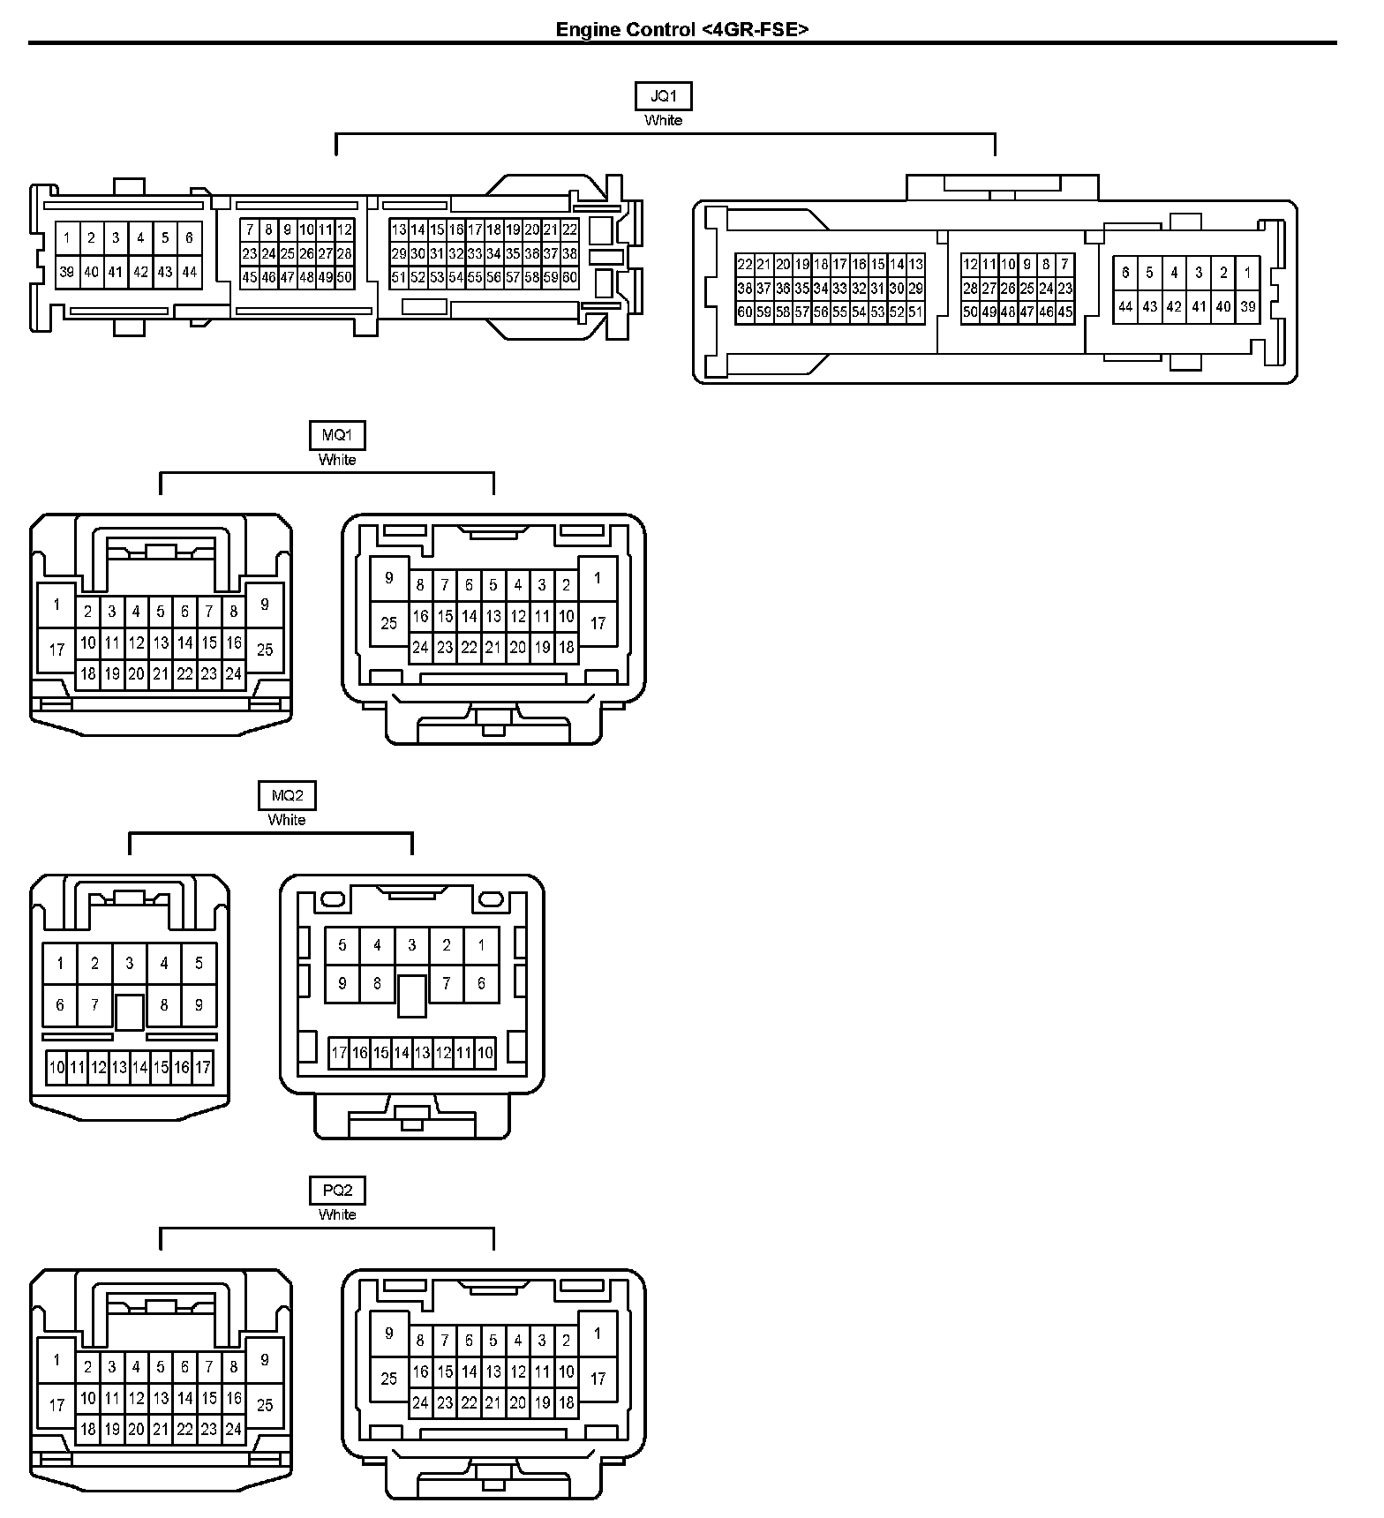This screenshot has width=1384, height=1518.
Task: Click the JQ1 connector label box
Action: click(663, 96)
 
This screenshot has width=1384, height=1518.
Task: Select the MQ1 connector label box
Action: click(336, 435)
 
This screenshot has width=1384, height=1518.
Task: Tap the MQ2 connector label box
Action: click(287, 795)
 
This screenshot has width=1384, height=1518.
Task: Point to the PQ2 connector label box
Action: click(336, 1191)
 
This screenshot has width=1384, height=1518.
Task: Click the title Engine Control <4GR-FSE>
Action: click(682, 29)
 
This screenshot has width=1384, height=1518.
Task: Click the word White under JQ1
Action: click(663, 120)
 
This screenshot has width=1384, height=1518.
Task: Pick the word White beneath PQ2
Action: click(336, 1214)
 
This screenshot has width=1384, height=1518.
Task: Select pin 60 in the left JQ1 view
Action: click(569, 277)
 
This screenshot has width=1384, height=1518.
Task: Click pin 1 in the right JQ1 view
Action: click(1247, 273)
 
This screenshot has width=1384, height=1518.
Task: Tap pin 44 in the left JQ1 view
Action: click(189, 272)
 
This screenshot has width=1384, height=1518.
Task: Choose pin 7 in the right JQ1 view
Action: click(1064, 264)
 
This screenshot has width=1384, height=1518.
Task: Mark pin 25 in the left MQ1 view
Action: click(265, 650)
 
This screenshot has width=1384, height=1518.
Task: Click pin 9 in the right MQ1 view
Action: click(389, 579)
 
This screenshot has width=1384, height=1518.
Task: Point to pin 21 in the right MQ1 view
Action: click(493, 647)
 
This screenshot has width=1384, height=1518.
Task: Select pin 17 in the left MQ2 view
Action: click(203, 1067)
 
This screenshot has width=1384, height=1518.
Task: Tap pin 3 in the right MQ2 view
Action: click(411, 945)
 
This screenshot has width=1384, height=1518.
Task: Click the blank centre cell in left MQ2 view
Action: click(130, 1011)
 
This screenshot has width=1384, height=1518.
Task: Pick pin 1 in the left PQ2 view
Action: click(57, 1360)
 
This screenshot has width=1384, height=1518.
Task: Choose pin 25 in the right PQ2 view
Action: click(389, 1379)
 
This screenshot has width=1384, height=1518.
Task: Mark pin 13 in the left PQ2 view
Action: click(160, 1398)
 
